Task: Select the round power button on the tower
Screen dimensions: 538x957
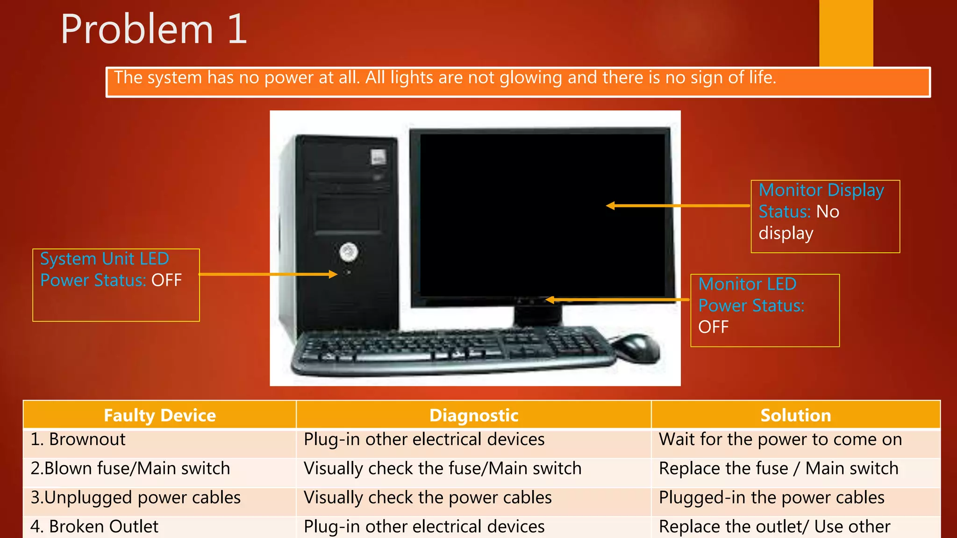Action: pos(349,252)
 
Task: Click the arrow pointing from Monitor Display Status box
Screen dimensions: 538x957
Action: pos(678,205)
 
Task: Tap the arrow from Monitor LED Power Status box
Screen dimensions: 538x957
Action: pos(617,300)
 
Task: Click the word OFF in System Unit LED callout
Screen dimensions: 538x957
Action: pos(166,280)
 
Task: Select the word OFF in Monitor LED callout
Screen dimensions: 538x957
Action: pos(713,327)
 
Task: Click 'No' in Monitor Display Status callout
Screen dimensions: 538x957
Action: pos(828,212)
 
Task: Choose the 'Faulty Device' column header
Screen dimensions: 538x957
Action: pos(160,415)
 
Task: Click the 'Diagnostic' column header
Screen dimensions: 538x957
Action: pos(473,415)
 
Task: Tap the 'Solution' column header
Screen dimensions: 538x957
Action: pos(795,415)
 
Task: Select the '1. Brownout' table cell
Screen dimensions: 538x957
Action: pos(78,439)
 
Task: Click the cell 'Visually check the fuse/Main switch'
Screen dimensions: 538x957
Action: pos(442,468)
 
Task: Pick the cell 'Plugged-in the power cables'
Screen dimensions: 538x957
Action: pos(771,498)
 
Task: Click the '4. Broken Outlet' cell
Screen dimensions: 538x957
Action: pos(94,527)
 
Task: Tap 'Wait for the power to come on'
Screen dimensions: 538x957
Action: pos(780,439)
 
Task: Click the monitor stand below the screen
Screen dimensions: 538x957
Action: pos(537,316)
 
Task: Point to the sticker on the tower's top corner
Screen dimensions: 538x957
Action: pos(378,156)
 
